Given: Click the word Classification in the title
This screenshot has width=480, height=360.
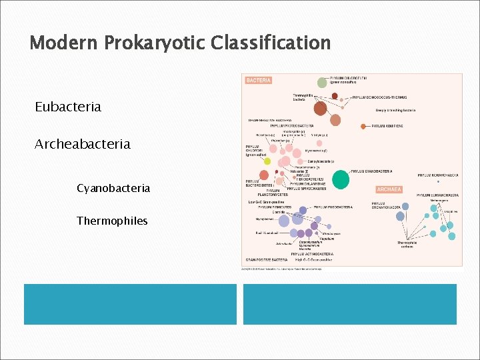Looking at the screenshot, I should point(270,43).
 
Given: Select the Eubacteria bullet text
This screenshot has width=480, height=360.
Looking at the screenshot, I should point(68,107).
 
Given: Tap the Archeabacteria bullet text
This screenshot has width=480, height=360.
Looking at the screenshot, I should point(83,144).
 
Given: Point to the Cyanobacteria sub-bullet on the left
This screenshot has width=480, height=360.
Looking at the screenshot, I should point(113,189).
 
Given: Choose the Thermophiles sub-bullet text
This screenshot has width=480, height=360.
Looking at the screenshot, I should point(112,221).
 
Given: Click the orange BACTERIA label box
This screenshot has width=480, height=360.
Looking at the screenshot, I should point(259,81).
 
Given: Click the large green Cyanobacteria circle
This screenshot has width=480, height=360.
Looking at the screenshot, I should point(341,179).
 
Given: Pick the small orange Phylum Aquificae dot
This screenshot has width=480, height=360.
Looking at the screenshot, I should point(363,126).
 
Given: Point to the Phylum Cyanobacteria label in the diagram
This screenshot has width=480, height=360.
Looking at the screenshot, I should point(371,171).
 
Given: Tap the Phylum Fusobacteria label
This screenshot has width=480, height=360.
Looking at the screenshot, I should point(333,207).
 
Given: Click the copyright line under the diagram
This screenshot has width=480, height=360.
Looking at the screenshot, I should point(287,269).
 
